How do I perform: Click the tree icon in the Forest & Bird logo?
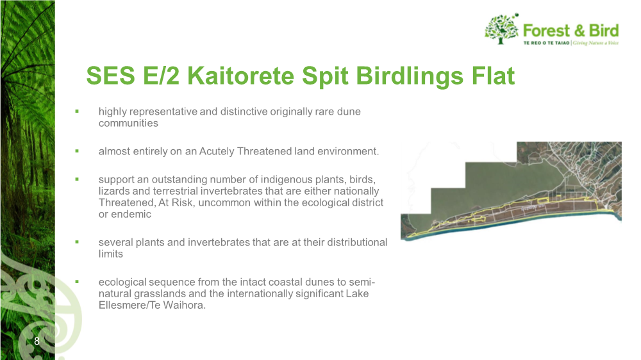(x=502, y=29)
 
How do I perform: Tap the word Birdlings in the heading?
(x=410, y=77)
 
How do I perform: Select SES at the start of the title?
(x=110, y=76)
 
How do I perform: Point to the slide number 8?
(x=37, y=341)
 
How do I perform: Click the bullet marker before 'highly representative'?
(x=77, y=111)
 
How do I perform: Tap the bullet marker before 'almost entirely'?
(x=77, y=151)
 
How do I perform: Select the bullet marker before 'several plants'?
(x=77, y=242)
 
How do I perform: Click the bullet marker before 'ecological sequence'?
(x=77, y=282)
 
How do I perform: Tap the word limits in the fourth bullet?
(x=111, y=254)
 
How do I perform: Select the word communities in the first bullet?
(x=128, y=123)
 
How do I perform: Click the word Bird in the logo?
(x=604, y=31)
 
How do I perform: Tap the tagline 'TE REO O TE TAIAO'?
(x=547, y=43)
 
